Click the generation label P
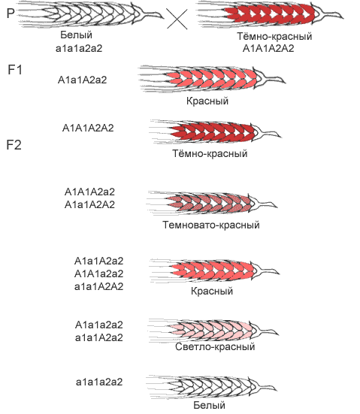point(11,13)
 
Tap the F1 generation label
point(15,70)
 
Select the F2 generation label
point(14,145)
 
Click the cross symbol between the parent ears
point(177,19)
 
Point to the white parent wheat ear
point(91,14)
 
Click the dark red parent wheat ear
point(270,14)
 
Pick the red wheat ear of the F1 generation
point(212,78)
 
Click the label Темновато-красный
point(211,225)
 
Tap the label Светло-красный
point(215,346)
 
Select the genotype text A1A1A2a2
point(89,192)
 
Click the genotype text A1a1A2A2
point(89,204)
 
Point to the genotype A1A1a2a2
point(98,273)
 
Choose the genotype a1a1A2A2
point(98,286)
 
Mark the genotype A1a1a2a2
point(99,325)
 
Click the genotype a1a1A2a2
point(99,337)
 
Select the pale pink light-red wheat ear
point(213,331)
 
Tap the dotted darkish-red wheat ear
point(213,204)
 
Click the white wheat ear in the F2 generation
point(211,388)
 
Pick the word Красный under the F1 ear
point(207,101)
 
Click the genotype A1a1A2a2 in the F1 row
point(83,80)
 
